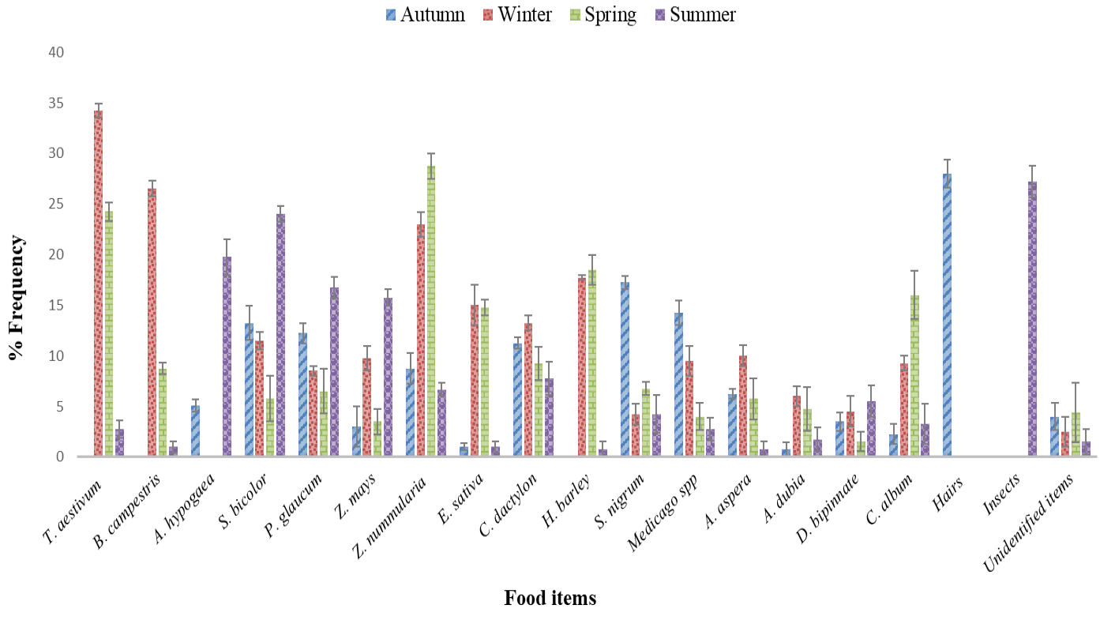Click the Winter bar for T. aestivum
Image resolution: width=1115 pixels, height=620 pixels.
point(98,284)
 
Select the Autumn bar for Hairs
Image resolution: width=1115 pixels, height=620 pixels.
point(947,314)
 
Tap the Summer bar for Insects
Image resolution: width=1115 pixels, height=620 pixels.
point(1032,319)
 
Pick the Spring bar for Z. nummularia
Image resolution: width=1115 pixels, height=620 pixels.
point(431,310)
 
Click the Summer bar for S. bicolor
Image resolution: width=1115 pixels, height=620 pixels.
point(281,335)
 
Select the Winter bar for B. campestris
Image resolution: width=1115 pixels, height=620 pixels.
point(152,322)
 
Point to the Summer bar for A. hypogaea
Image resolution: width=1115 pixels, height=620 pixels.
point(227,356)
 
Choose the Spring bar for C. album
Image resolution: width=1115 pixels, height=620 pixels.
point(914,375)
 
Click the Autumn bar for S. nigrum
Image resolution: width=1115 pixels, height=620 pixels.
point(625,369)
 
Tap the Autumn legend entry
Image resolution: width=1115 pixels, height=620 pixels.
point(425,14)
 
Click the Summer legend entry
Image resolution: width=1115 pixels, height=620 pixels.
point(694,14)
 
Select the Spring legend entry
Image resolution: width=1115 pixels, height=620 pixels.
point(603,15)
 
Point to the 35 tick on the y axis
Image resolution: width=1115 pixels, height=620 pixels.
point(56,103)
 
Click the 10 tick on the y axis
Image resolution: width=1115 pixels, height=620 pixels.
point(56,356)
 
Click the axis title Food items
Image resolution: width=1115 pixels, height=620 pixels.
point(550,598)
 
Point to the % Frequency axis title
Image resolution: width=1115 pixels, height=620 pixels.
point(16,297)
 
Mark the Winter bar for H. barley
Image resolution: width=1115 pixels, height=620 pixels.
point(582,366)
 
